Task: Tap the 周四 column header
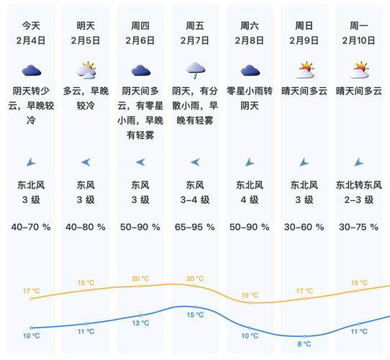[140, 24]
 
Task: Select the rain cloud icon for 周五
[195, 70]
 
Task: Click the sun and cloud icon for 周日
[305, 70]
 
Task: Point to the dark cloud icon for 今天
[31, 70]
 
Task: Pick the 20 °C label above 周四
[140, 279]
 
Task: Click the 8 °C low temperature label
[304, 343]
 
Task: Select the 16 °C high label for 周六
[250, 294]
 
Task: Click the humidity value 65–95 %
[195, 227]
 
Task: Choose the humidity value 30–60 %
[305, 227]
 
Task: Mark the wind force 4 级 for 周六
[250, 199]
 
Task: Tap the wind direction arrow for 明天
[86, 162]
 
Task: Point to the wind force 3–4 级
[195, 199]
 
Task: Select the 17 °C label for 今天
[31, 291]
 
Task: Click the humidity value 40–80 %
[86, 227]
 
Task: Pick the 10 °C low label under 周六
[250, 336]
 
